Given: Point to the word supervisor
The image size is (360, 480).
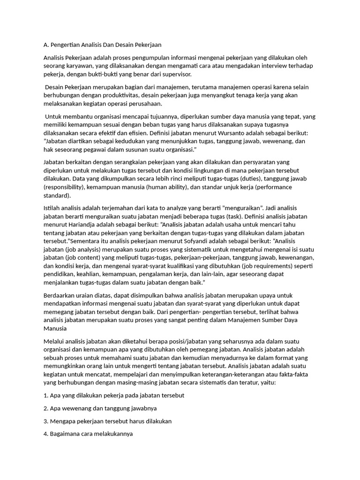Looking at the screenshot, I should tap(176, 75).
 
